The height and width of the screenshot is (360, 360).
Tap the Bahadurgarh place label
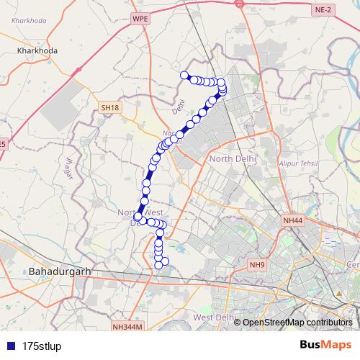[59, 271]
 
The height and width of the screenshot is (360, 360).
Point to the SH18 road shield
[110, 107]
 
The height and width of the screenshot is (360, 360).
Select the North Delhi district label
[232, 158]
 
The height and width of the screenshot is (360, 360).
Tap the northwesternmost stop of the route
[184, 75]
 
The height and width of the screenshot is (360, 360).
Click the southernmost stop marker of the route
[159, 266]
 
